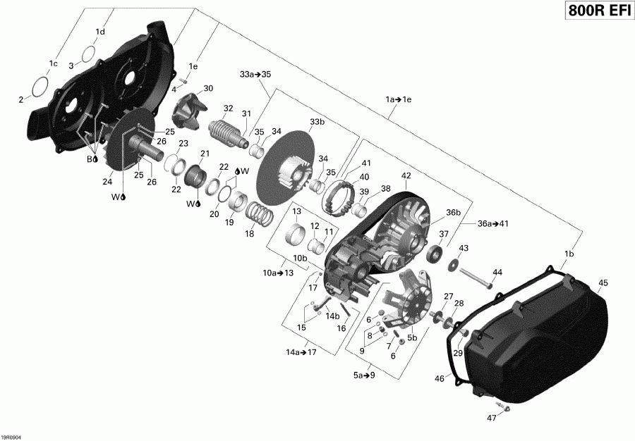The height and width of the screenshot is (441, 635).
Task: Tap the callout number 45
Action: [x=603, y=284]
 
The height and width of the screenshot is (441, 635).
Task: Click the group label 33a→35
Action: [x=255, y=74]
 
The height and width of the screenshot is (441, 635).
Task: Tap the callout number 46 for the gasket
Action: [x=440, y=379]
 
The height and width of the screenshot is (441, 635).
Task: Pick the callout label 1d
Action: [x=100, y=32]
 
